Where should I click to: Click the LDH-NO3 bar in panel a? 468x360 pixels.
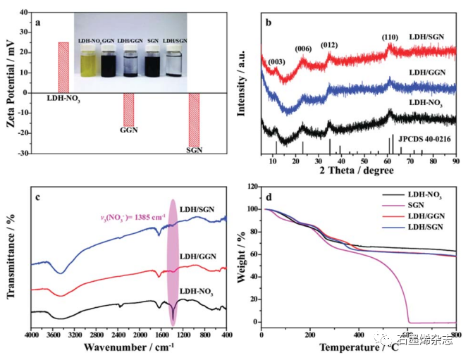(63, 67)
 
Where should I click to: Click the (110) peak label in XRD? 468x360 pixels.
(390, 36)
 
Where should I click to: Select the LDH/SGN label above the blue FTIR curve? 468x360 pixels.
(197, 209)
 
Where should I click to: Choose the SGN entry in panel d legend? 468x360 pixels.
(418, 205)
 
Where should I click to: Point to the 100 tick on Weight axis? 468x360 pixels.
(252, 209)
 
